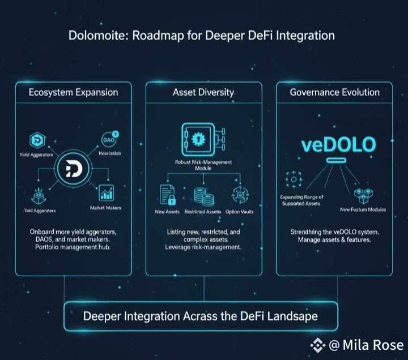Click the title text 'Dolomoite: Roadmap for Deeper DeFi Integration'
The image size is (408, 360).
202,36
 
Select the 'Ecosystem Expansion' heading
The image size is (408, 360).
74,92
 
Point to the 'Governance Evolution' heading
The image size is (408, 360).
334,92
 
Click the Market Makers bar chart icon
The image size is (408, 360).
106,192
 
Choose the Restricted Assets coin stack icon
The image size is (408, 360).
203,196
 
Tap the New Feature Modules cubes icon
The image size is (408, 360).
362,196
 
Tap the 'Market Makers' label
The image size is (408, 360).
106,208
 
